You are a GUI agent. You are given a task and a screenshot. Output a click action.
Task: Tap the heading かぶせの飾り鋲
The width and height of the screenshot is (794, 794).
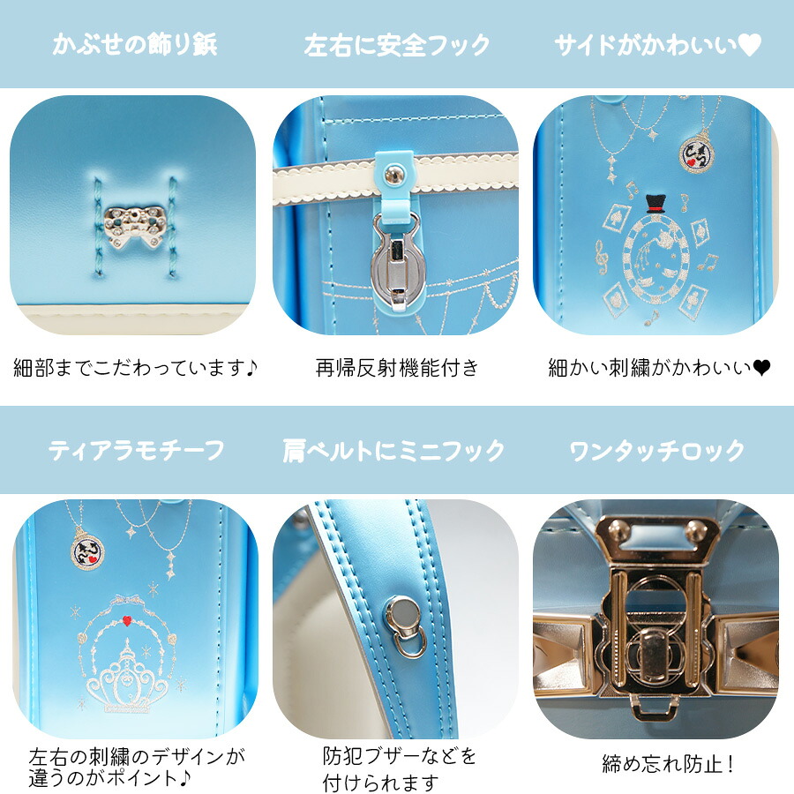tap(135, 45)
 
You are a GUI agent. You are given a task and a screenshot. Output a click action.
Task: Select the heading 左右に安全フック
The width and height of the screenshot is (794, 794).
tap(396, 46)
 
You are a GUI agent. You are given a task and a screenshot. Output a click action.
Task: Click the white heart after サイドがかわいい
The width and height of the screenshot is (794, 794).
tap(749, 45)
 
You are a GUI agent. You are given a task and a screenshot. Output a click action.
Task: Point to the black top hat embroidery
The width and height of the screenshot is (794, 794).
tap(655, 204)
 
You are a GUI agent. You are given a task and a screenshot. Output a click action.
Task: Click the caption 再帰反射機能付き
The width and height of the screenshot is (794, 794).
tap(396, 368)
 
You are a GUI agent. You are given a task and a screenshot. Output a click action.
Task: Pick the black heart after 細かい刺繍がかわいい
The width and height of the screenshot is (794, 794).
tap(760, 368)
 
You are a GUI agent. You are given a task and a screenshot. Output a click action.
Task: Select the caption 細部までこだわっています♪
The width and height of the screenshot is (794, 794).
tap(135, 368)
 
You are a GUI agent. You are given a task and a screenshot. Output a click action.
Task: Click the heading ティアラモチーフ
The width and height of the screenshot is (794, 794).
tap(136, 450)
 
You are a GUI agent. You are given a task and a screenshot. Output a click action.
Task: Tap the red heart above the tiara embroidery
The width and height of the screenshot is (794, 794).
tap(127, 620)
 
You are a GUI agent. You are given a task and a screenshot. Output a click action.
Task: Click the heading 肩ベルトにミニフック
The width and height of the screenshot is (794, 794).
tap(393, 451)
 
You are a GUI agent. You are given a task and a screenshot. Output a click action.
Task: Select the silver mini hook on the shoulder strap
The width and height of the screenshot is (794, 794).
tap(406, 627)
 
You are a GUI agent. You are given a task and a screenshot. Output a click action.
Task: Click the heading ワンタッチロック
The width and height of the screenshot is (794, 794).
tap(657, 451)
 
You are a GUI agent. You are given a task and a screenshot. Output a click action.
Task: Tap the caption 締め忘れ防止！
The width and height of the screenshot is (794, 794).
tap(668, 764)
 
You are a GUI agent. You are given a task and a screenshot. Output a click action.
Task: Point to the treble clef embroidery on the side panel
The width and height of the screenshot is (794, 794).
tap(601, 258)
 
